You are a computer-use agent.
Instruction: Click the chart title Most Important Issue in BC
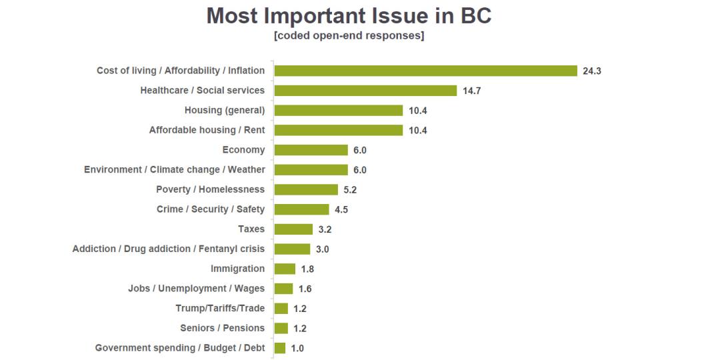(x=349, y=16)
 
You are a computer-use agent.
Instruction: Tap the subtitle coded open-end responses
(x=349, y=36)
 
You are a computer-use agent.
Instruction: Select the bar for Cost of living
(x=425, y=71)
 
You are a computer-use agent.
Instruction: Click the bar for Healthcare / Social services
(x=365, y=91)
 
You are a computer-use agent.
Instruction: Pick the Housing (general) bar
(x=339, y=111)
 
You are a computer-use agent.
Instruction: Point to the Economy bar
(x=311, y=150)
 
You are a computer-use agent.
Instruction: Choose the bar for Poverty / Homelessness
(x=306, y=189)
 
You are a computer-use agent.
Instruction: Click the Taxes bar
(x=293, y=229)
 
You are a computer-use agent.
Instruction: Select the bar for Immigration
(x=285, y=269)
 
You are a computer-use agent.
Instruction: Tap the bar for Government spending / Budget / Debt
(x=280, y=348)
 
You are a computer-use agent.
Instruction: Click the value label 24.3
(x=592, y=71)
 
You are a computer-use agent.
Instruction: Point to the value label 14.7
(x=471, y=91)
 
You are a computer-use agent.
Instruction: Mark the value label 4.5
(x=341, y=209)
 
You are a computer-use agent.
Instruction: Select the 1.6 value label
(x=305, y=289)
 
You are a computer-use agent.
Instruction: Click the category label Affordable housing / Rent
(x=207, y=130)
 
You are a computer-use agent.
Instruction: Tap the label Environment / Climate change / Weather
(x=174, y=169)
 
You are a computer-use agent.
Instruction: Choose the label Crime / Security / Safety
(x=210, y=209)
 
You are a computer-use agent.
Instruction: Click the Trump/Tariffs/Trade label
(x=220, y=308)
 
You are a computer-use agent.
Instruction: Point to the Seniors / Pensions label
(x=222, y=328)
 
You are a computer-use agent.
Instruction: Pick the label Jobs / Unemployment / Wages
(x=196, y=289)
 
